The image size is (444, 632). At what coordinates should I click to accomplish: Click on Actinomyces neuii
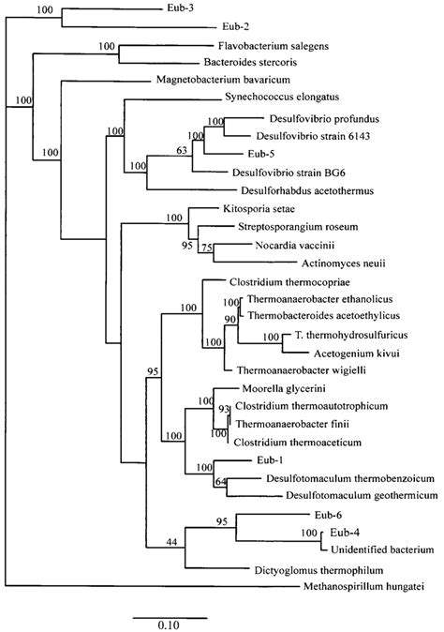point(344,263)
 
